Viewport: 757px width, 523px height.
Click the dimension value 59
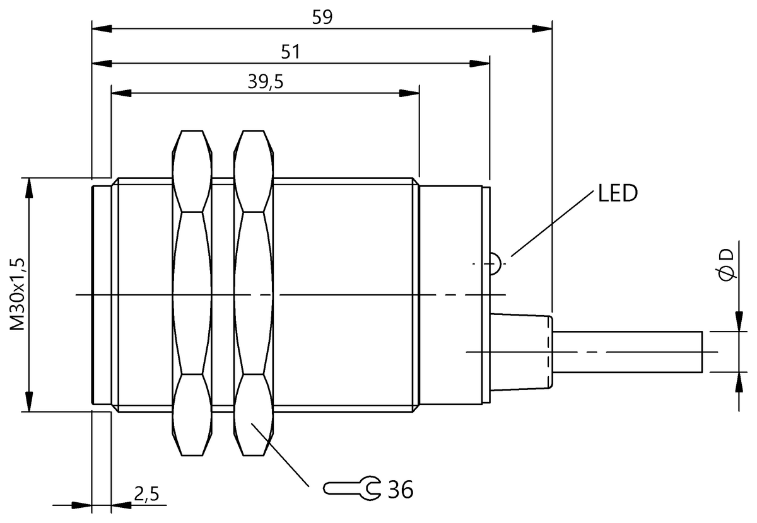click(322, 17)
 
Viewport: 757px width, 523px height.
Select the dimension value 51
click(290, 52)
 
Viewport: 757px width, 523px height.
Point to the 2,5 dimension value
click(146, 494)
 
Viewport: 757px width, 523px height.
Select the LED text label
click(618, 193)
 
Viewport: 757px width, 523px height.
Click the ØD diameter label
click(726, 265)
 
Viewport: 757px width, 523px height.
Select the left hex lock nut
click(191, 293)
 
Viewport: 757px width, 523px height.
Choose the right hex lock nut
click(254, 293)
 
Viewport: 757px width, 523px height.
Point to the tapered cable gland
click(522, 352)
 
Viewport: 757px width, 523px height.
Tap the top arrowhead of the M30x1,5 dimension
click(28, 188)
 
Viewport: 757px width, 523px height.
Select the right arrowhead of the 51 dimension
click(479, 63)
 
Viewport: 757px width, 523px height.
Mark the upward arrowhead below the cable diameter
click(738, 382)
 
